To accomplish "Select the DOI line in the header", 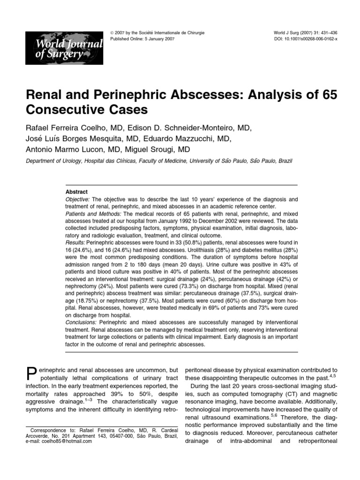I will pos(305,39).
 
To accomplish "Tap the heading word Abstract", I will pos(77,192).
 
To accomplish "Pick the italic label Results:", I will pos(75,242).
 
